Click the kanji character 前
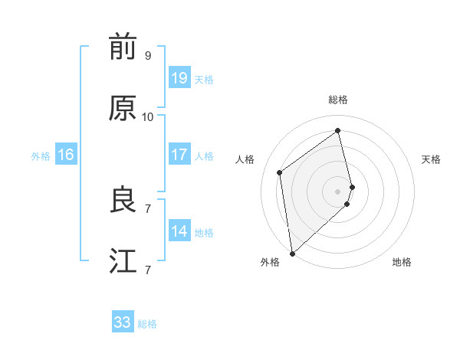pos(122,47)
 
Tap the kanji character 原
pos(122,109)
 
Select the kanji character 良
pos(122,201)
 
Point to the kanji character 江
pos(122,261)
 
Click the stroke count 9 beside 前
pos(148,56)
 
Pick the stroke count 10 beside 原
pos(148,117)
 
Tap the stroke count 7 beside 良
pos(148,208)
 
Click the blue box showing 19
pos(179,78)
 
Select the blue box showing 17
pos(179,155)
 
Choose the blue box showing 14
pos(179,231)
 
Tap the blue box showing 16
pos(66,155)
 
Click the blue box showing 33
pos(123,322)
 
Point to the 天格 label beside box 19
pos(204,80)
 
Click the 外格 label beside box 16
pos(41,156)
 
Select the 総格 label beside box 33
pos(147,324)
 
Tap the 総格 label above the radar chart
pos(338,100)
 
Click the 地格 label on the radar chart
pos(402,263)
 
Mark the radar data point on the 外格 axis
pos(292,253)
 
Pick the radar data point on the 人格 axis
pos(280,172)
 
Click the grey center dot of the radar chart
pos(338,190)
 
